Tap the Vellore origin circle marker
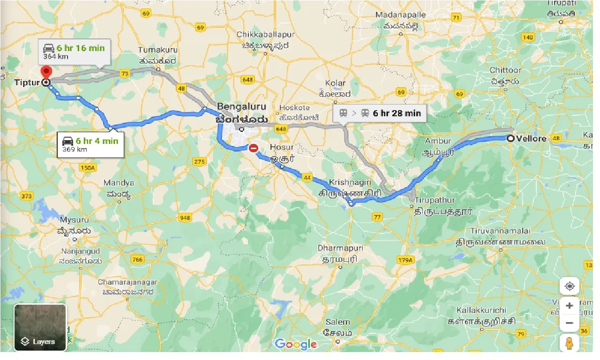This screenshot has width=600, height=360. point(510,138)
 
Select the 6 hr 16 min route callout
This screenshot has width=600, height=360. point(75,52)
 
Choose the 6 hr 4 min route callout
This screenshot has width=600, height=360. point(90,144)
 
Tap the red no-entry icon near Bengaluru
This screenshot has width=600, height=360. point(254,149)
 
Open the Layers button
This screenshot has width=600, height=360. point(40,328)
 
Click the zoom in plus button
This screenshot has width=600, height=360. point(569,306)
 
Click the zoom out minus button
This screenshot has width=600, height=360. point(569,323)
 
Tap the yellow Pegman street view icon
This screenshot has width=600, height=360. point(569,343)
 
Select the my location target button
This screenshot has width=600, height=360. point(569,286)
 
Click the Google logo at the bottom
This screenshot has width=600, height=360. point(296,345)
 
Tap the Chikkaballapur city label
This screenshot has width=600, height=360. point(265,35)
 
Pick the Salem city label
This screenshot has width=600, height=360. point(337,322)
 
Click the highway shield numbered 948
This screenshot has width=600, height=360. point(185,217)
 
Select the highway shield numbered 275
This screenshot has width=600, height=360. point(199,162)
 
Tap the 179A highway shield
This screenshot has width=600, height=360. point(405,260)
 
